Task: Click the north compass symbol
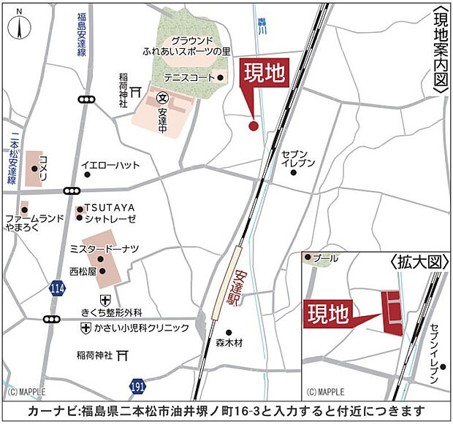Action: tap(18, 26)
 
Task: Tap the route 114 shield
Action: tap(57, 290)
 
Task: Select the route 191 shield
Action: tap(138, 385)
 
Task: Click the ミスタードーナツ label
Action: tap(104, 249)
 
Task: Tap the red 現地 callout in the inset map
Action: tap(326, 314)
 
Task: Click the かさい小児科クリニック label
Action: tap(142, 328)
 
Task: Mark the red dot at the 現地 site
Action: tap(254, 126)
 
